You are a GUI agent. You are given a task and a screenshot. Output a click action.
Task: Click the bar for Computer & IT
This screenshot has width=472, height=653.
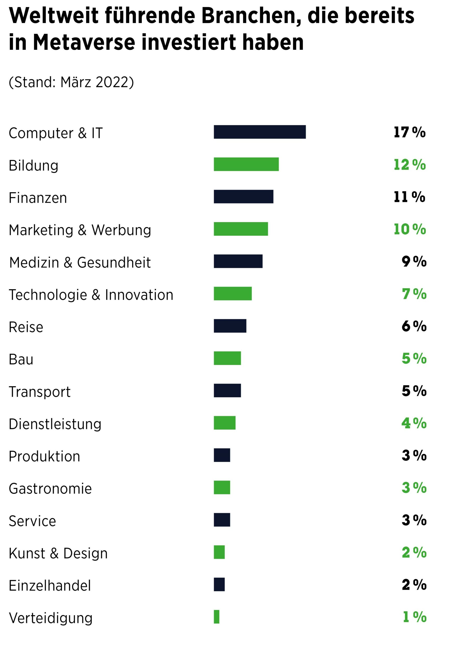[x=259, y=132]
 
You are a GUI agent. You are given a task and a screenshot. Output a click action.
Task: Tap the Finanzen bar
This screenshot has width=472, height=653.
[x=243, y=196]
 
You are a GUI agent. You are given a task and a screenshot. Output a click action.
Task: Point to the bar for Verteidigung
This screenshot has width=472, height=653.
[x=216, y=617]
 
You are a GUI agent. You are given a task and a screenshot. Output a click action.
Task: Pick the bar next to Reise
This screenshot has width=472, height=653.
[x=230, y=326]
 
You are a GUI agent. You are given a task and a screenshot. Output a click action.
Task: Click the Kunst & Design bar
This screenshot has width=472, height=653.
[x=219, y=552]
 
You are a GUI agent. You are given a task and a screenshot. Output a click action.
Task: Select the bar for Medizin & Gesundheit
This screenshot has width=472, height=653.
[x=238, y=261]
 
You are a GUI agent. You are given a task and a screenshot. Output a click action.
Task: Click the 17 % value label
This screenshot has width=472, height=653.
[x=409, y=132]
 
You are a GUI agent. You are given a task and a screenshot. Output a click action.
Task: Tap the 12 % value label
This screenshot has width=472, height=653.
[x=409, y=165]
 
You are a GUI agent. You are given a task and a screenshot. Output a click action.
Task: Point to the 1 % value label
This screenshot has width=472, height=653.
[x=414, y=617]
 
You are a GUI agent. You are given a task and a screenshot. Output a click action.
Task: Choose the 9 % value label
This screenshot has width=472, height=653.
[x=414, y=261]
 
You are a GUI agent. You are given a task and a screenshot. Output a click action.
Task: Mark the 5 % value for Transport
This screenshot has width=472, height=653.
[x=414, y=391]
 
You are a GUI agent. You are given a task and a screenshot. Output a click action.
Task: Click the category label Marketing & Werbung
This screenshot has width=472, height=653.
[x=80, y=230]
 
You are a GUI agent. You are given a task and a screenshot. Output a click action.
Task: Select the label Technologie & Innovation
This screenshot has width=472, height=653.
[x=91, y=295]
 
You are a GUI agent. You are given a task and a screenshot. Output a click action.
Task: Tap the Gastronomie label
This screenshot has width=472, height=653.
[x=50, y=488]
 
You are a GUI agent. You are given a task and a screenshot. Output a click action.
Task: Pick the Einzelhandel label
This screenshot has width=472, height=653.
[x=50, y=585]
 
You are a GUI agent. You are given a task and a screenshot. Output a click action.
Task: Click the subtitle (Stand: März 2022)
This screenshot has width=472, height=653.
[x=71, y=82]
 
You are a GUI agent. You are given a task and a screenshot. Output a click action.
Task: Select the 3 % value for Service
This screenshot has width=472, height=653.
[x=414, y=520]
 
